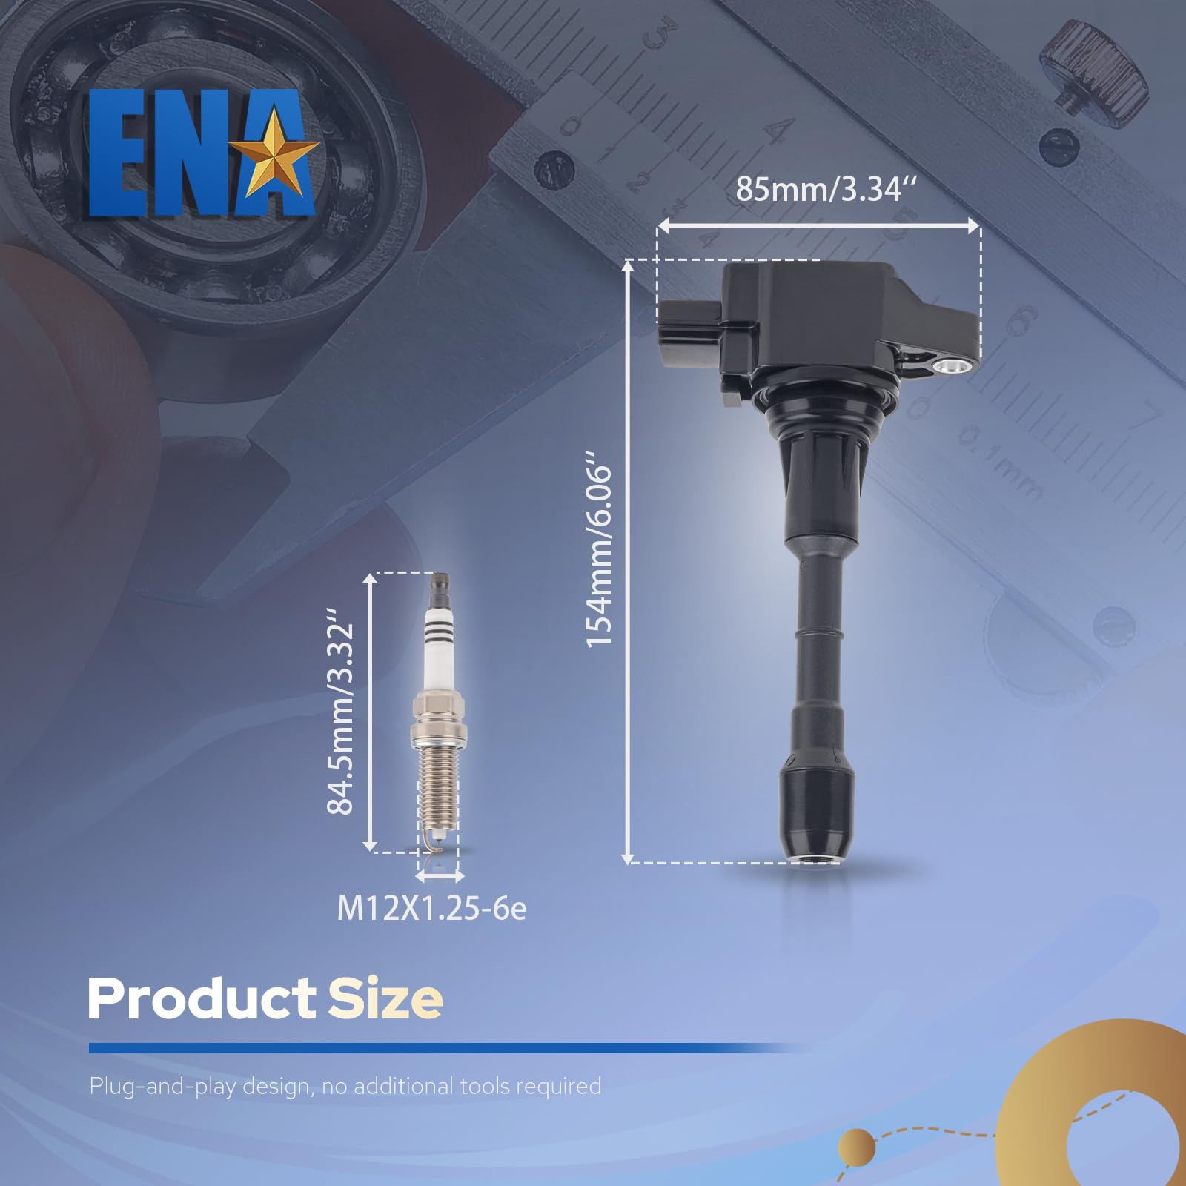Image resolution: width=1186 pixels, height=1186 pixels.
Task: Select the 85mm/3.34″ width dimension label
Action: coord(826,189)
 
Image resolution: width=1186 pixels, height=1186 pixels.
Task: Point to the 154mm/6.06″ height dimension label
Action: coord(600,556)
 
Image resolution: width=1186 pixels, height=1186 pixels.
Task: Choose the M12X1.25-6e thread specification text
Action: coord(431,909)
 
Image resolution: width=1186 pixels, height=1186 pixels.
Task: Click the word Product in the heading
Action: coord(202,998)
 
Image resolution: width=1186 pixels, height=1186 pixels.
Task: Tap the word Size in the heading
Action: coord(385,998)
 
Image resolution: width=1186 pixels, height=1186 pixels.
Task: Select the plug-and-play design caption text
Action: coord(345,1087)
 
